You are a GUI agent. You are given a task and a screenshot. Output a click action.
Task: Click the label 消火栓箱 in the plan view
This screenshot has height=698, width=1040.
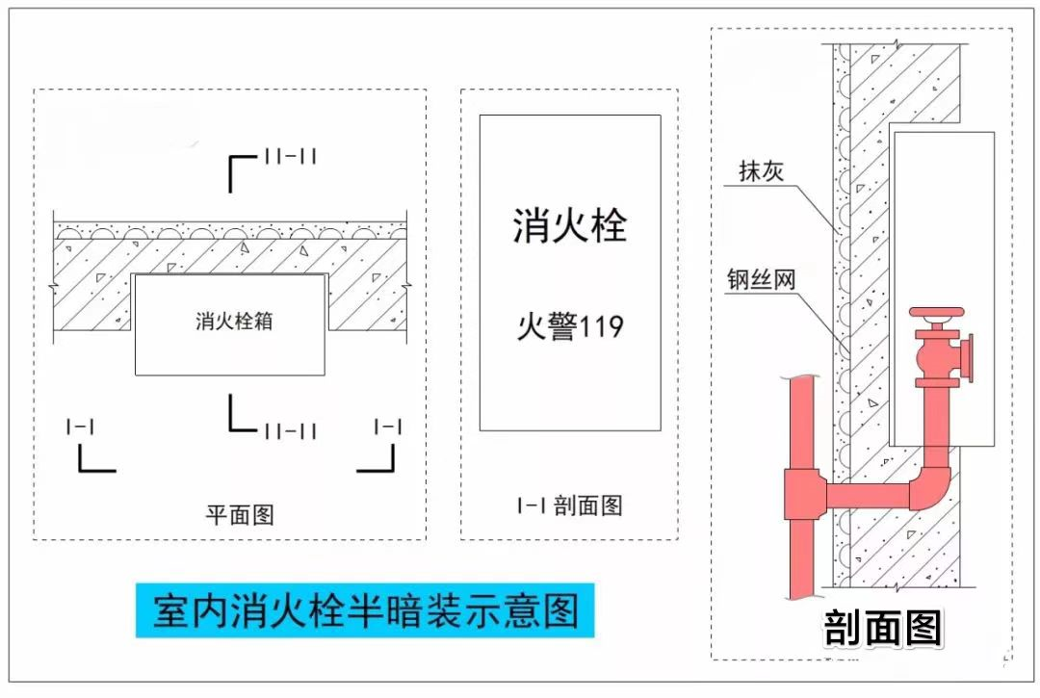point(234,321)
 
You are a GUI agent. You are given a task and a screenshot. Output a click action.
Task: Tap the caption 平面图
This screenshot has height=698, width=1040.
point(240,514)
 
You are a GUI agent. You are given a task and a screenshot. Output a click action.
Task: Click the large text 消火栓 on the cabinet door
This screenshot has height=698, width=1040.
point(569,227)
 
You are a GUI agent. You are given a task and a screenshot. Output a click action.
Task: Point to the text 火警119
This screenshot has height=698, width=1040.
point(570,326)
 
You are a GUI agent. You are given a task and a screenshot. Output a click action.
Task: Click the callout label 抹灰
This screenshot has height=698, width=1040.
point(762,171)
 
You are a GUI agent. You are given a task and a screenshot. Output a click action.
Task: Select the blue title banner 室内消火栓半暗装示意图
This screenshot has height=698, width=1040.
point(365,610)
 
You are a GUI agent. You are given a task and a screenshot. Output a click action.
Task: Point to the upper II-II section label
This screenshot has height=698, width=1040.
point(290,157)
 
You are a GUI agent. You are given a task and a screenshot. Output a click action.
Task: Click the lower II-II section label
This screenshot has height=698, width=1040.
point(290,430)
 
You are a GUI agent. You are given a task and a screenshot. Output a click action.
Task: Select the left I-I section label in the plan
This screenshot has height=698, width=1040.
point(80,426)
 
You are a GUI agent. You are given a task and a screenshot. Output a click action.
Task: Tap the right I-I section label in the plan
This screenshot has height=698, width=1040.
point(388,426)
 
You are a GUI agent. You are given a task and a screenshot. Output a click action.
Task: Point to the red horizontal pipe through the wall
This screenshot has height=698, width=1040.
point(867,496)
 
